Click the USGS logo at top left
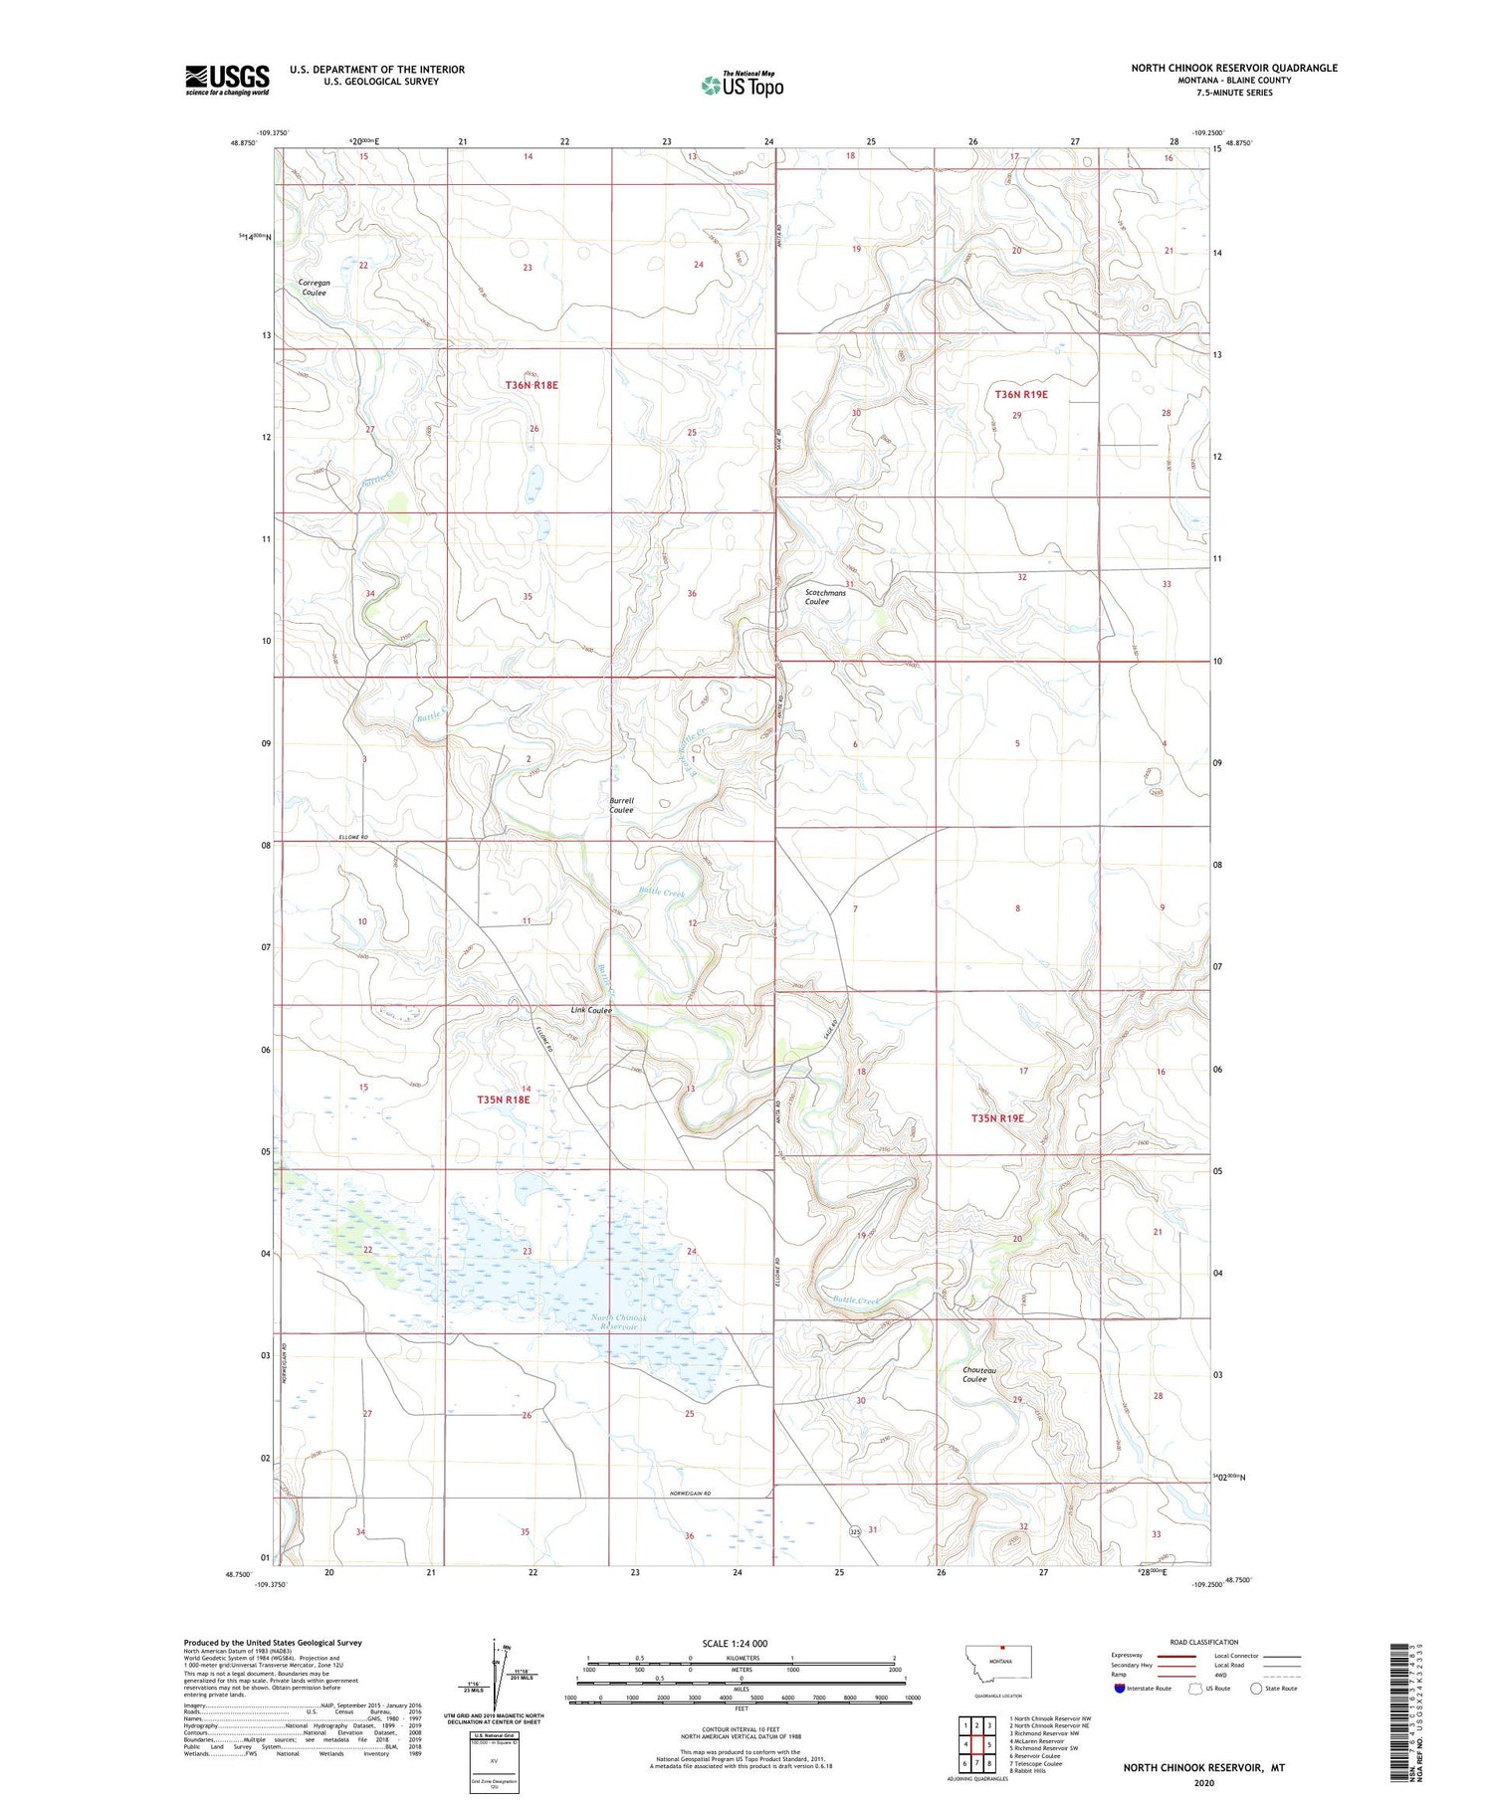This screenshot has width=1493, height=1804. pos(227,80)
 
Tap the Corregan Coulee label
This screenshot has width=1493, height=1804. pos(314,288)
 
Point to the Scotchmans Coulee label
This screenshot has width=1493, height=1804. pos(825,597)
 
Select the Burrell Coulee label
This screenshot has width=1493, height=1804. pos(621,805)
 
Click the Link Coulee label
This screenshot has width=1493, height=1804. pos(590,1010)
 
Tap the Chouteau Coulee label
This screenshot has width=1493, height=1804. pos(974,1375)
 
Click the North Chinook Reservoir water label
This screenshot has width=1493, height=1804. pos(619,1322)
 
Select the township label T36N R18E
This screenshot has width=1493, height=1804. pos(531,384)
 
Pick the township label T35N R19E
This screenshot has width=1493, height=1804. pos(997,1118)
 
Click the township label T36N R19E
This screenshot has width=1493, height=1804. pos(1021,395)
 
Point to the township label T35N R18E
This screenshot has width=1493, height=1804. pos(503,1100)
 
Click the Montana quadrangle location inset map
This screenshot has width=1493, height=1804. pos(1000,1663)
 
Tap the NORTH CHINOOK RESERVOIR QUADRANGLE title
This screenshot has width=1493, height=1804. pos(1233,68)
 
